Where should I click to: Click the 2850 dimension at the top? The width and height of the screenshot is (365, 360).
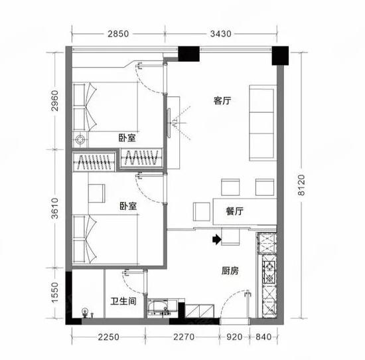pos(118,34)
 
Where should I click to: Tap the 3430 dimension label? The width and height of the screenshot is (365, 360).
pos(221,34)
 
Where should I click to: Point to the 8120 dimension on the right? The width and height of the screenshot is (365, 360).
pos(301,185)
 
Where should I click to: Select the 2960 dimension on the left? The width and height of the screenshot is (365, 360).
pos(55,101)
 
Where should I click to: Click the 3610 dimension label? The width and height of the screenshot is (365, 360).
pos(55,209)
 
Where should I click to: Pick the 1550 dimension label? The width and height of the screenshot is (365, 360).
pos(55,293)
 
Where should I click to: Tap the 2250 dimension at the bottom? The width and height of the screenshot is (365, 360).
pos(108,337)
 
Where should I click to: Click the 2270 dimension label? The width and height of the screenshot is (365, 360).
pos(184,337)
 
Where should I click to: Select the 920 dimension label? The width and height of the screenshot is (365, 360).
pos(234,337)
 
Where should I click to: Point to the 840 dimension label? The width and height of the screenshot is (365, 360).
pos(263,337)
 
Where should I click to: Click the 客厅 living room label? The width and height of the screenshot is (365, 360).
pos(222,101)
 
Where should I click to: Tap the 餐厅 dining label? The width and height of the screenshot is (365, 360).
pos(235,211)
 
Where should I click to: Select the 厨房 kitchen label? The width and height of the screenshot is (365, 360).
pos(230,271)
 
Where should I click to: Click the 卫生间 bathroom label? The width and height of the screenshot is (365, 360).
pos(123,302)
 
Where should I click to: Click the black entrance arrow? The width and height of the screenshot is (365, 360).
pos(217,240)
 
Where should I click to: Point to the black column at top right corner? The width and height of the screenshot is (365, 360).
pos(280,56)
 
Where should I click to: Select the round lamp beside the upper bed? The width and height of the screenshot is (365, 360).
pos(80,139)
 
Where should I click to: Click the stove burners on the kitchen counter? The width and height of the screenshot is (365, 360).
pos(269,272)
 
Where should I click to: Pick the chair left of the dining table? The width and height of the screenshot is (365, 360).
pos(202,212)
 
